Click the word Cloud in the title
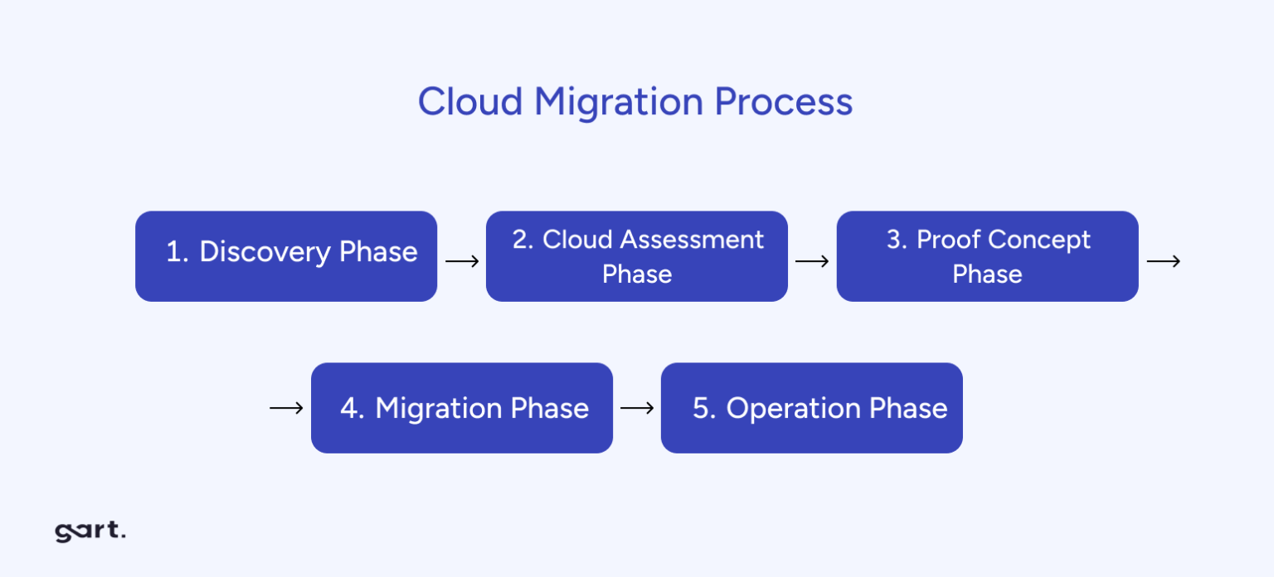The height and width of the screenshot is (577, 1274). pyautogui.click(x=469, y=102)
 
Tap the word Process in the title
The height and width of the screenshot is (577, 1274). pyautogui.click(x=783, y=102)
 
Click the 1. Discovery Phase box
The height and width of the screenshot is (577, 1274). pyautogui.click(x=286, y=255)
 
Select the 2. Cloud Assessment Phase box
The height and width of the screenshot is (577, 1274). pyautogui.click(x=636, y=255)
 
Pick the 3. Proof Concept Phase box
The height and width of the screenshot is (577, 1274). pyautogui.click(x=987, y=255)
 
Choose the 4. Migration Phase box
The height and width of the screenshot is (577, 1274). pyautogui.click(x=461, y=407)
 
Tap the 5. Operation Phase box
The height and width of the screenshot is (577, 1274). pyautogui.click(x=811, y=407)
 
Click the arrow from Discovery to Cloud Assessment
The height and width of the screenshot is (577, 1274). pyautogui.click(x=462, y=261)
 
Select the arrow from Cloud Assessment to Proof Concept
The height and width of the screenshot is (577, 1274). pyautogui.click(x=812, y=261)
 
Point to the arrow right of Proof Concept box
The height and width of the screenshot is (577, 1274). pyautogui.click(x=1163, y=261)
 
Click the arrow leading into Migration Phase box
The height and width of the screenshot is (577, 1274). pyautogui.click(x=286, y=408)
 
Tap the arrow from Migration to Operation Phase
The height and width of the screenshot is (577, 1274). pyautogui.click(x=637, y=408)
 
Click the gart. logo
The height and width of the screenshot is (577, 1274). pyautogui.click(x=90, y=531)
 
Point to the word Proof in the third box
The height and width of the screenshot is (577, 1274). pyautogui.click(x=949, y=240)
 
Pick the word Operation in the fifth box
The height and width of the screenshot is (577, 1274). pyautogui.click(x=781, y=409)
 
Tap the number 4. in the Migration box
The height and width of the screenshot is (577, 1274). pyautogui.click(x=353, y=409)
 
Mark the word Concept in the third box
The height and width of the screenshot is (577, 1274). pyautogui.click(x=1039, y=240)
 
